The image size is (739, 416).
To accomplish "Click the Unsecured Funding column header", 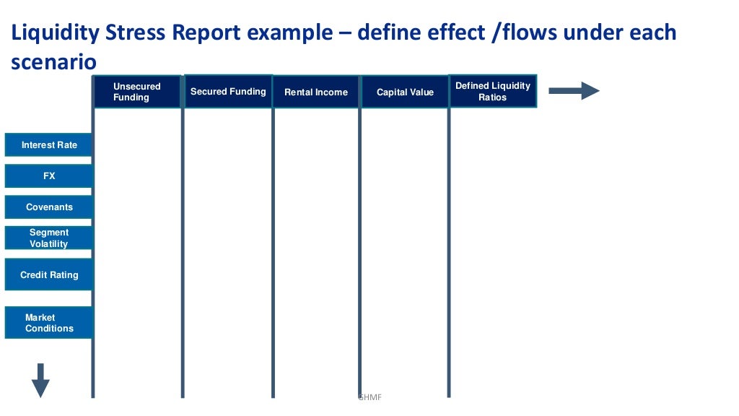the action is [137, 92].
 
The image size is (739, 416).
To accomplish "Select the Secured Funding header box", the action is [228, 92].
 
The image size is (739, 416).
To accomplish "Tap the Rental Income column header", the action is [316, 92].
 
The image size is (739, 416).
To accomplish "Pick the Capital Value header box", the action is [405, 92].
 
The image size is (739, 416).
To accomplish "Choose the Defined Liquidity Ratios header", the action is [493, 91].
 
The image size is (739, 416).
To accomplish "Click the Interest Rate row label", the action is [49, 145].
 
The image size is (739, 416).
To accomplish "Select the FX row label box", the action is [49, 176].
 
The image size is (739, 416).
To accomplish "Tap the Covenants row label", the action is [49, 207].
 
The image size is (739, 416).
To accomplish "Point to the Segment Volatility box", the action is [49, 238].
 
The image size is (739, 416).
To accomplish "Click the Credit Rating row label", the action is [49, 275].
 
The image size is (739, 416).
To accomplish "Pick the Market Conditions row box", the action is [49, 323].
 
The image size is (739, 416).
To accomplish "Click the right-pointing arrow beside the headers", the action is [574, 91].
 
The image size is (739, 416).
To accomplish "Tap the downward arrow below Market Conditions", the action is [41, 380].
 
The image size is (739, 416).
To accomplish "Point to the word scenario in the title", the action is [53, 63].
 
